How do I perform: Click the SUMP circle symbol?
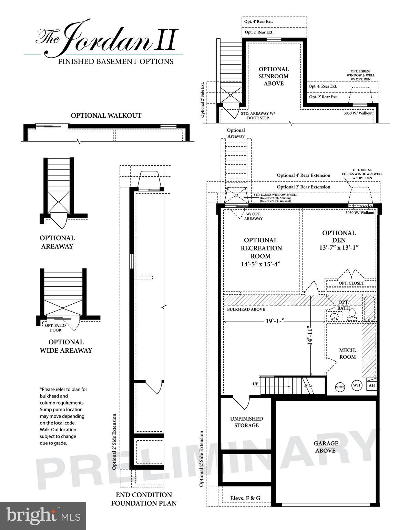pyautogui.click(x=340, y=387)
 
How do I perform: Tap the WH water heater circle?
pyautogui.click(x=357, y=385)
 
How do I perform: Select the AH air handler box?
pyautogui.click(x=371, y=385)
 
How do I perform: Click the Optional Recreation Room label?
pyautogui.click(x=261, y=252)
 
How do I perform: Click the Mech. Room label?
pyautogui.click(x=347, y=353)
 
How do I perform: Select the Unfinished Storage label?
pyautogui.click(x=246, y=422)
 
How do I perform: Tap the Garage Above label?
pyautogui.click(x=326, y=447)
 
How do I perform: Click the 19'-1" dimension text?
pyautogui.click(x=275, y=321)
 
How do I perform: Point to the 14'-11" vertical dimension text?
pyautogui.click(x=310, y=336)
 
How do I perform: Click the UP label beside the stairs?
pyautogui.click(x=255, y=384)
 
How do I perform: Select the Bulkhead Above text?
pyautogui.click(x=246, y=310)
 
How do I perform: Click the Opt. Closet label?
pyautogui.click(x=351, y=283)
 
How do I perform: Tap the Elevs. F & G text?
pyautogui.click(x=245, y=498)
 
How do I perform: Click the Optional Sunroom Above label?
pyautogui.click(x=274, y=76)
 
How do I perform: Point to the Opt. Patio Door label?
pyautogui.click(x=55, y=328)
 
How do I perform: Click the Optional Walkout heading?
pyautogui.click(x=106, y=116)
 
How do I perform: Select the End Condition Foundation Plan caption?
pyautogui.click(x=144, y=499)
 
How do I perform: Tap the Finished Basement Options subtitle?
pyautogui.click(x=115, y=62)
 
